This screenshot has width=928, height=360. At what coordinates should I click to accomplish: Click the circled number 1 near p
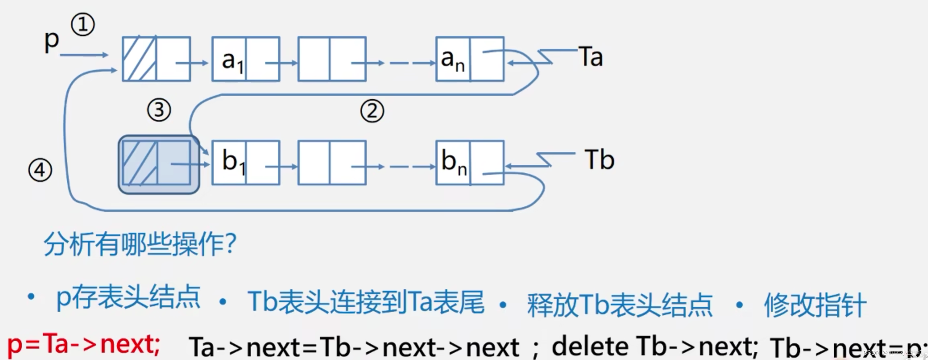point(83,25)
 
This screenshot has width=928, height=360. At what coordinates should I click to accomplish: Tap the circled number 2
point(372,111)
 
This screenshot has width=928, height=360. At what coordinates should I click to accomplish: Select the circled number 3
point(159,110)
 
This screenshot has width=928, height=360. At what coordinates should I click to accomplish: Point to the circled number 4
point(40,170)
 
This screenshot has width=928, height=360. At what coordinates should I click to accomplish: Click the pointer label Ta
point(591,57)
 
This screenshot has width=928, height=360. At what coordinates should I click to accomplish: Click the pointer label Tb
point(599,160)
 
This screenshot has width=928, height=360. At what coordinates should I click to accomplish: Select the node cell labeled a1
point(229,60)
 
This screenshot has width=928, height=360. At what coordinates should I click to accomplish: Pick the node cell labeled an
point(453,60)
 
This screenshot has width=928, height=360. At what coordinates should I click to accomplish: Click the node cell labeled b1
point(229,163)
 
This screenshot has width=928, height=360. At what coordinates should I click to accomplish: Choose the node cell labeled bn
point(453,163)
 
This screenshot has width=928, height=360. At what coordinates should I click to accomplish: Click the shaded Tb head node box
point(159,164)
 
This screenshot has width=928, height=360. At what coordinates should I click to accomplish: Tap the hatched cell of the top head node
point(139,59)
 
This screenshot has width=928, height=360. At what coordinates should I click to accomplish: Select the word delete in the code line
point(590,346)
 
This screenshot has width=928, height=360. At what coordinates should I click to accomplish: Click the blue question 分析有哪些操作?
point(140,244)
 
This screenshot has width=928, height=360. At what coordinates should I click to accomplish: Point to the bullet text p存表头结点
point(128,297)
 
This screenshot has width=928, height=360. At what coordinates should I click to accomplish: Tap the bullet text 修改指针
point(815,305)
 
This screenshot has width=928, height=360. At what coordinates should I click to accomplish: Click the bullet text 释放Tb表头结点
point(620,305)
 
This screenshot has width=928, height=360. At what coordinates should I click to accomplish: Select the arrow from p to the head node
point(84,55)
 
